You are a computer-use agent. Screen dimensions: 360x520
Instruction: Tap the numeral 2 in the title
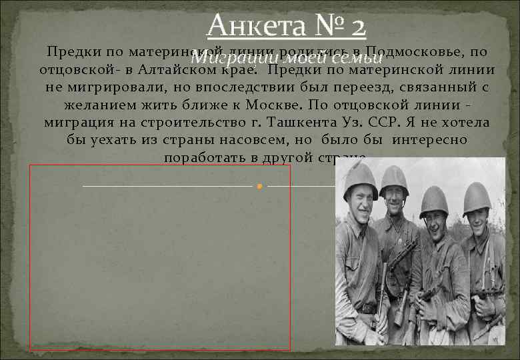pos(355,26)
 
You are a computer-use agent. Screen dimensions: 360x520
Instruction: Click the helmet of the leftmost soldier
pos(359,179)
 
